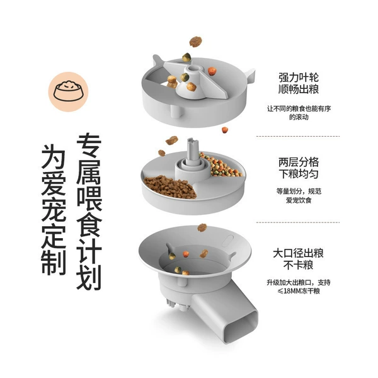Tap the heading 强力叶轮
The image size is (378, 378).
tap(299, 77)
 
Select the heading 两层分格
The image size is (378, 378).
tap(299, 163)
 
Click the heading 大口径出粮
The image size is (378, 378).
tap(299, 253)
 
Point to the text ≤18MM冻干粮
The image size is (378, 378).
tap(299, 291)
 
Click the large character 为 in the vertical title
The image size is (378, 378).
tap(54, 157)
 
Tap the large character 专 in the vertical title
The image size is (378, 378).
tap(89, 146)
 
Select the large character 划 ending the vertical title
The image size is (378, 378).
tap(89, 277)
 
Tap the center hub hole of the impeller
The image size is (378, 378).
tap(193, 68)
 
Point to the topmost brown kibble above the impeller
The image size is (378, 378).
tap(195, 42)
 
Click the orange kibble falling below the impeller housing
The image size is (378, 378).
tap(225, 130)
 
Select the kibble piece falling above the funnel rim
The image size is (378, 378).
tap(202, 227)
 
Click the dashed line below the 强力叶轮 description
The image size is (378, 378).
tap(298, 137)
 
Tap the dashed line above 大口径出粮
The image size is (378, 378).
tap(298, 222)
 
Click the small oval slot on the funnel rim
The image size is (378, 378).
tap(228, 241)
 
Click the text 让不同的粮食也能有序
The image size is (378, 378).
tap(299, 109)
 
